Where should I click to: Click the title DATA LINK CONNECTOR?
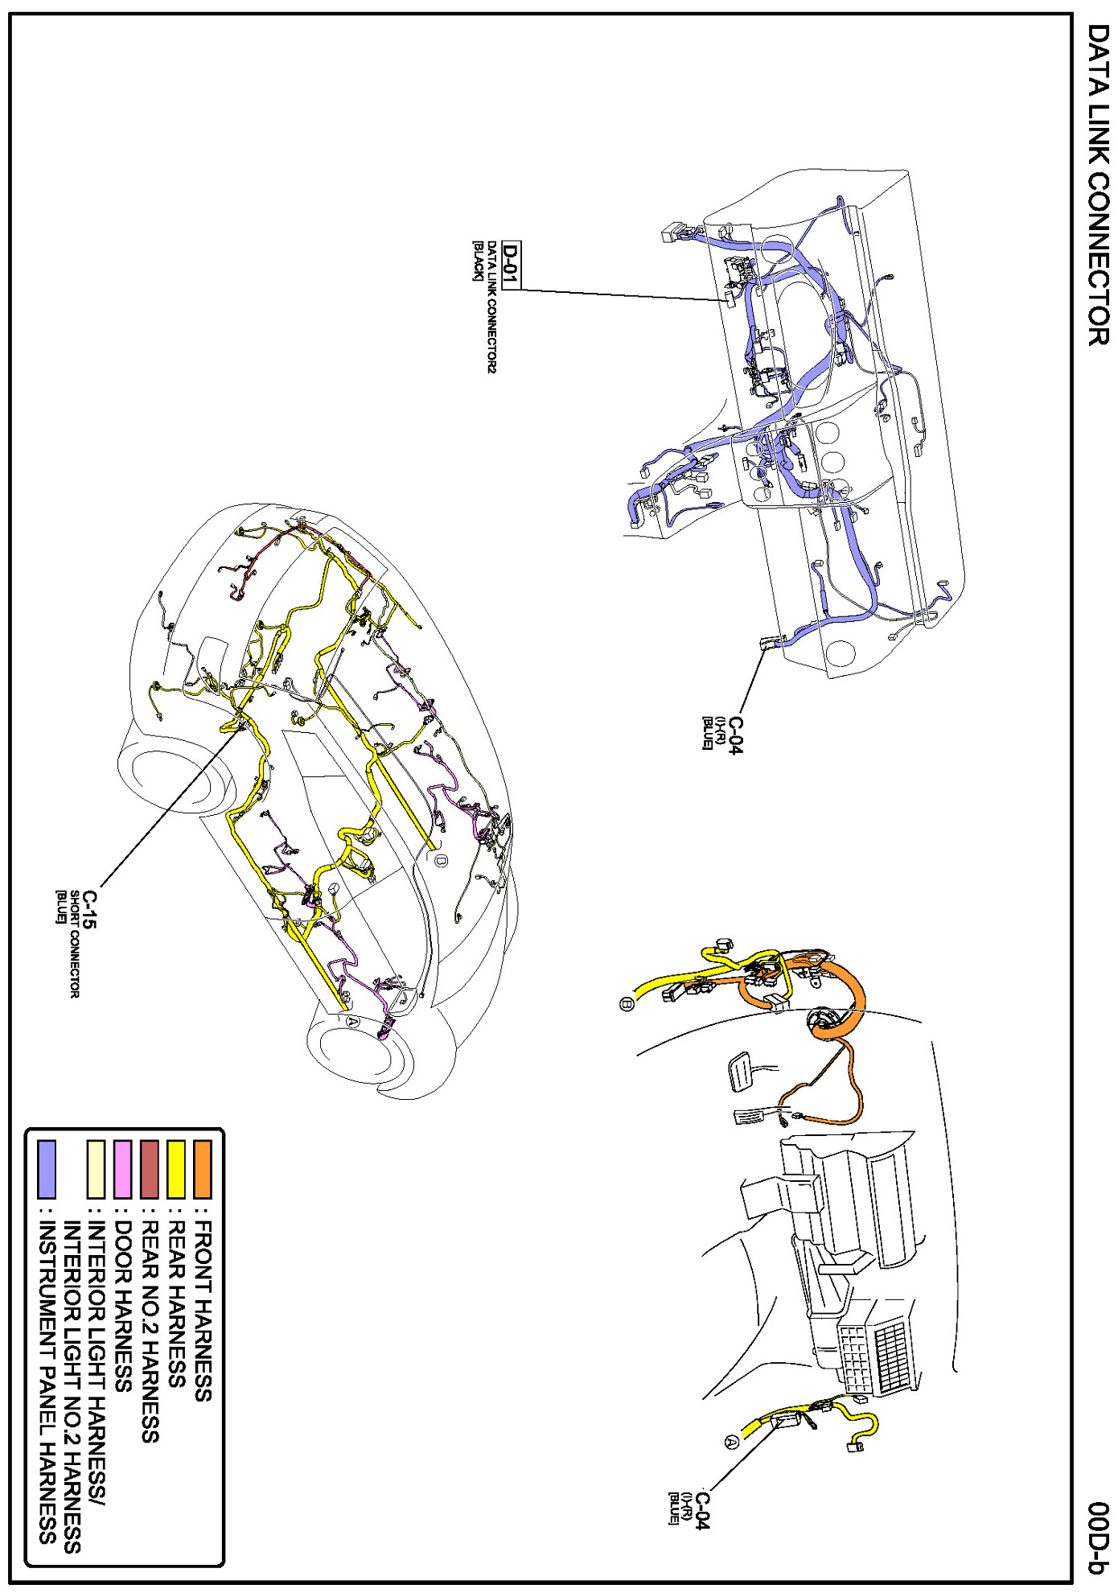(x=1097, y=184)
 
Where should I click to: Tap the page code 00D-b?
(x=1099, y=1537)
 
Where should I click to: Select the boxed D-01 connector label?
(x=510, y=265)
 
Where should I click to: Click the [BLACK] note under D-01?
(x=477, y=261)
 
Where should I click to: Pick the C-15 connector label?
(x=89, y=909)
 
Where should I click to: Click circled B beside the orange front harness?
(x=627, y=1004)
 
